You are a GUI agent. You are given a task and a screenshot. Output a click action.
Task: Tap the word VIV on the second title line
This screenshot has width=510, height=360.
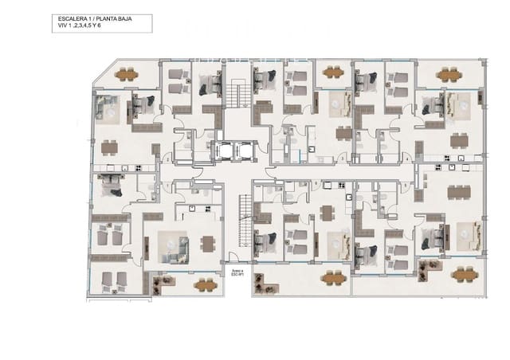point(54,25)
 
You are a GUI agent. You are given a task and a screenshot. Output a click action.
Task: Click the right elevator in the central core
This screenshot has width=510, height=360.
point(242,150)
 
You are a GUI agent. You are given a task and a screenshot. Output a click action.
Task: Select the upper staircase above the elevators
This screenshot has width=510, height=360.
point(237,96)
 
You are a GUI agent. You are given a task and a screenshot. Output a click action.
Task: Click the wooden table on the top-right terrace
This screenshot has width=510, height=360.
point(449,75)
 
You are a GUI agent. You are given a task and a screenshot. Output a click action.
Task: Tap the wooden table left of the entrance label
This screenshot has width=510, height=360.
point(206,284)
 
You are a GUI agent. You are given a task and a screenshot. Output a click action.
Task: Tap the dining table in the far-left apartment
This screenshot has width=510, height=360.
point(108,147)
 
